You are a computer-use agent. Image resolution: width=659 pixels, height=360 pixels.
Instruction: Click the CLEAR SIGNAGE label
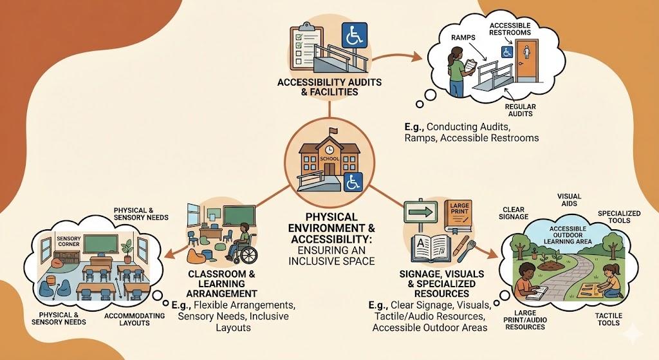514,213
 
